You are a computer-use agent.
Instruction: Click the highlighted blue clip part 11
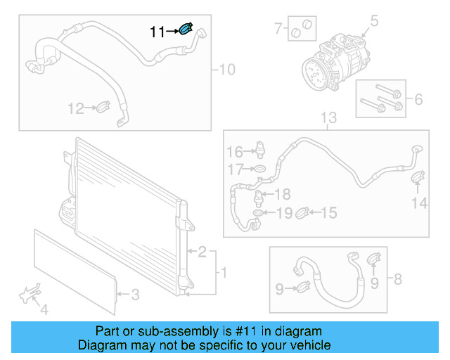pyautogui.click(x=186, y=29)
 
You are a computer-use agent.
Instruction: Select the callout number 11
pyautogui.click(x=157, y=32)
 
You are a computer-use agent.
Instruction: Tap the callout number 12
pyautogui.click(x=75, y=108)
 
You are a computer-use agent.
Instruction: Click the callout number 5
pyautogui.click(x=374, y=21)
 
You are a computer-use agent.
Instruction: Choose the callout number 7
pyautogui.click(x=278, y=29)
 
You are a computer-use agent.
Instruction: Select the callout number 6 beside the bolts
pyautogui.click(x=418, y=100)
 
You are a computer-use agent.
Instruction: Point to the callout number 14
pyautogui.click(x=419, y=203)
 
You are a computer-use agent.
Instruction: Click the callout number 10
pyautogui.click(x=227, y=70)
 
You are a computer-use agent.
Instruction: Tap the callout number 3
pyautogui.click(x=136, y=294)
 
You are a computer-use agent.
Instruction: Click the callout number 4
pyautogui.click(x=44, y=309)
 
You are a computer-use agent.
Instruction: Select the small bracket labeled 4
pyautogui.click(x=30, y=294)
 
